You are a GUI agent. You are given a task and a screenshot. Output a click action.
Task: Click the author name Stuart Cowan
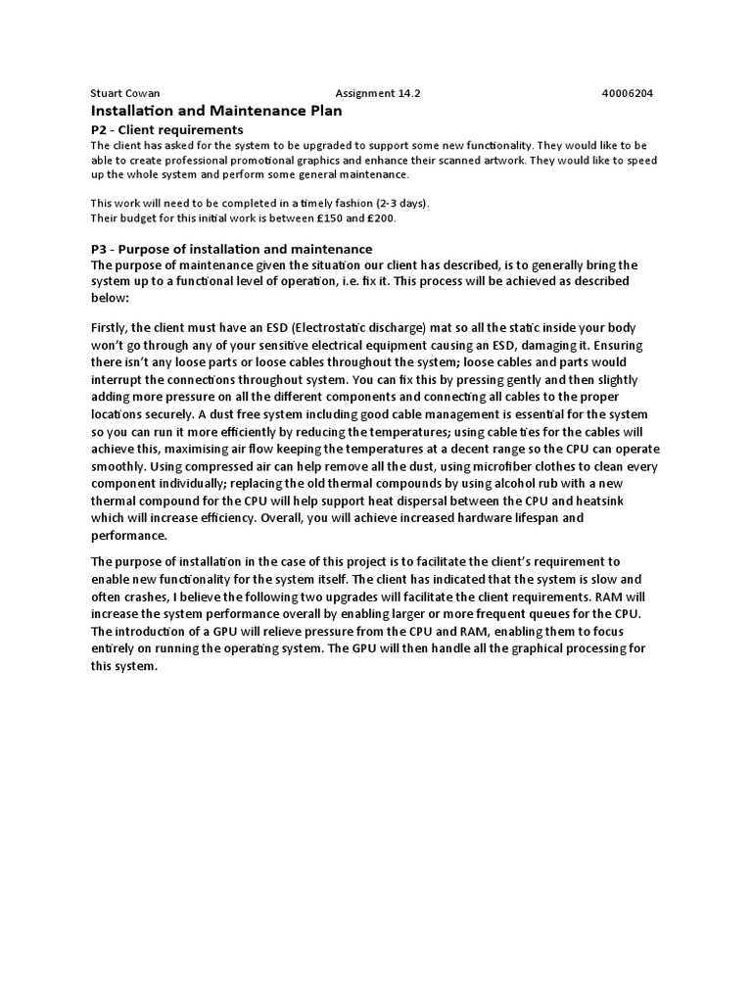pos(121,94)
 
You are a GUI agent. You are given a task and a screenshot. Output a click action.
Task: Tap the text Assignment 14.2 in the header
pos(377,94)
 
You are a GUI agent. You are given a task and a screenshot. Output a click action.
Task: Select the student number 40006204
pos(628,94)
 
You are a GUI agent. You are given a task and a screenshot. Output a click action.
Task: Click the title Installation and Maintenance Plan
pos(216,112)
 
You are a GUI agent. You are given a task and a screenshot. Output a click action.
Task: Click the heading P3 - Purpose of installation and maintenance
pos(231,249)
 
